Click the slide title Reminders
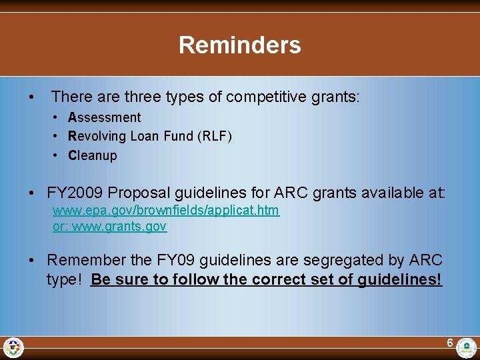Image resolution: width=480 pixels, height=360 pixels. point(239,45)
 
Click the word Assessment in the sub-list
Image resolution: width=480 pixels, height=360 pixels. point(105,117)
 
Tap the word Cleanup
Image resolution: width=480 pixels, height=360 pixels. point(93,155)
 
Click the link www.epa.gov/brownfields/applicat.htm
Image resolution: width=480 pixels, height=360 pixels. point(166,210)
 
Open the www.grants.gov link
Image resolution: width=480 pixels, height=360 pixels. point(119,226)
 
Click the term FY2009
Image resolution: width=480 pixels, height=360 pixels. point(75,193)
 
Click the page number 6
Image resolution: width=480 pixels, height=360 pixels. point(450,343)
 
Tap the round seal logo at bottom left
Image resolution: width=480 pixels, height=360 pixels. point(13,347)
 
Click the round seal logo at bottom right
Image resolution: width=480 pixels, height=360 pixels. point(467,347)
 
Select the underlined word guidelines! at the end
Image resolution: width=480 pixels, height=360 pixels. point(400,279)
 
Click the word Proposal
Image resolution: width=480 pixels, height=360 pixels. point(139,193)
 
